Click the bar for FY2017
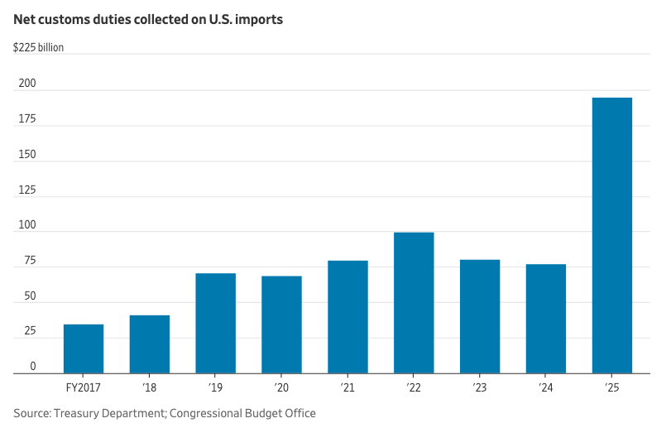pos(84,349)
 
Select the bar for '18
pos(150,344)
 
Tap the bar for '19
pos(216,324)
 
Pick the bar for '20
pos(282,325)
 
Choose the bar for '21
pos(347,317)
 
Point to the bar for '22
pos(414,303)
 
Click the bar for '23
pos(480,317)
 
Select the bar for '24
pos(546,319)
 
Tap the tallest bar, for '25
pos(612,236)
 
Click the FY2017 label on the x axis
pos(84,387)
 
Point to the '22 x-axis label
pos(414,387)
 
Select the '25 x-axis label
pos(612,387)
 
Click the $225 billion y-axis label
pos(38,47)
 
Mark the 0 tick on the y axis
pos(33,366)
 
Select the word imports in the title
pos(261,19)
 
